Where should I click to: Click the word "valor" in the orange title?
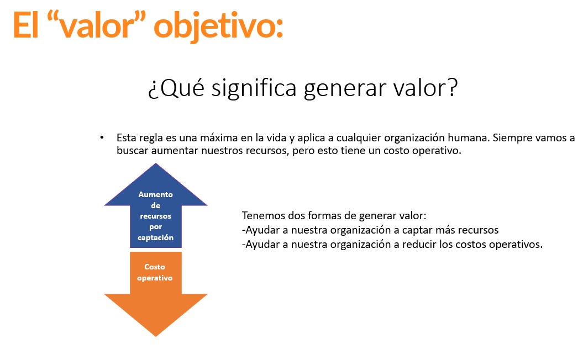point(96,26)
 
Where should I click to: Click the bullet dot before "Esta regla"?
point(102,138)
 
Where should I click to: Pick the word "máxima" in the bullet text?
point(219,138)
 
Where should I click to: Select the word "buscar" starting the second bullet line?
point(133,151)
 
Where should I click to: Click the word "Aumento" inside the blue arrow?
point(155,194)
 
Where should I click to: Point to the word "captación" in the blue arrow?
point(155,238)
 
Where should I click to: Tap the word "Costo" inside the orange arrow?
point(155,267)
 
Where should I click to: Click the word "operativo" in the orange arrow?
point(155,278)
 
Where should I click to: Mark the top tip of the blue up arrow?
point(156,163)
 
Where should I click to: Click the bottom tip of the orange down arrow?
point(156,336)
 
